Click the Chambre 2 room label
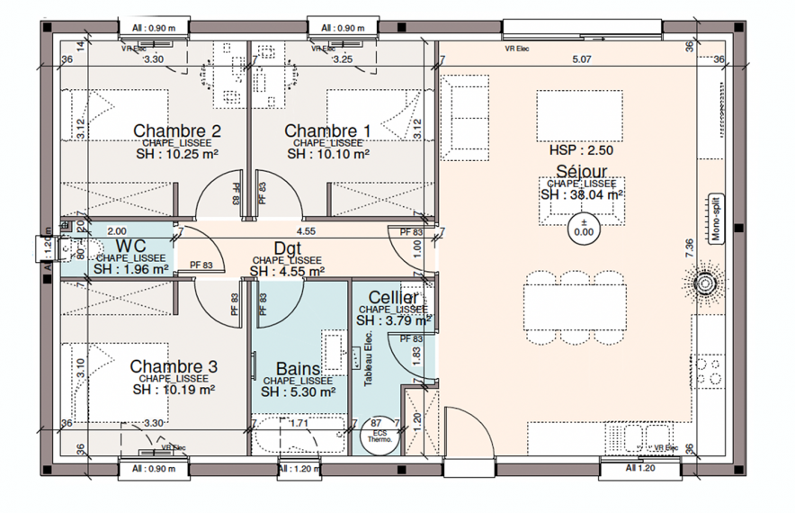[x=177, y=131]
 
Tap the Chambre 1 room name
[x=328, y=131]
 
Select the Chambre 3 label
[x=174, y=366]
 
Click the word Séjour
[x=581, y=171]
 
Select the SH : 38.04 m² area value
[x=582, y=193]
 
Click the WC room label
[x=131, y=247]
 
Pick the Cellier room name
[x=393, y=298]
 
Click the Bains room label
[x=298, y=369]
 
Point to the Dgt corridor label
[x=287, y=249]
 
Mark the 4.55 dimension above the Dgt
[x=306, y=230]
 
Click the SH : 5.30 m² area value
[x=298, y=392]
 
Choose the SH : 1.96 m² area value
[x=131, y=269]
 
